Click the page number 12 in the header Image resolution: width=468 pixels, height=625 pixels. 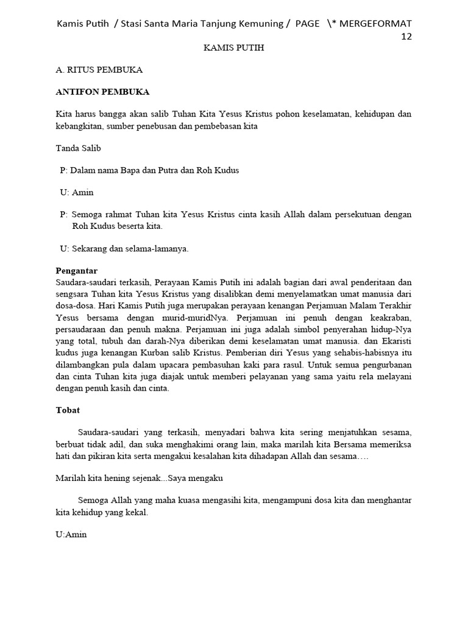point(406,36)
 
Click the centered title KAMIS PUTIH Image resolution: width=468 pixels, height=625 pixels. point(234,48)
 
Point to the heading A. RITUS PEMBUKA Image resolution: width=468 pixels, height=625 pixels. point(99,70)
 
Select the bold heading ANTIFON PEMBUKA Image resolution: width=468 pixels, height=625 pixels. point(102,92)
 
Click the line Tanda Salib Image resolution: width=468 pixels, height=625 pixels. point(79,148)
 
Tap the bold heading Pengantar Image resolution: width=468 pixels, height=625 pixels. point(76,270)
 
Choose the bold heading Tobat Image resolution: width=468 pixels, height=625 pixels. point(68,410)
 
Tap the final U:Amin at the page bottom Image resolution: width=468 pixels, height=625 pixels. point(71,535)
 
